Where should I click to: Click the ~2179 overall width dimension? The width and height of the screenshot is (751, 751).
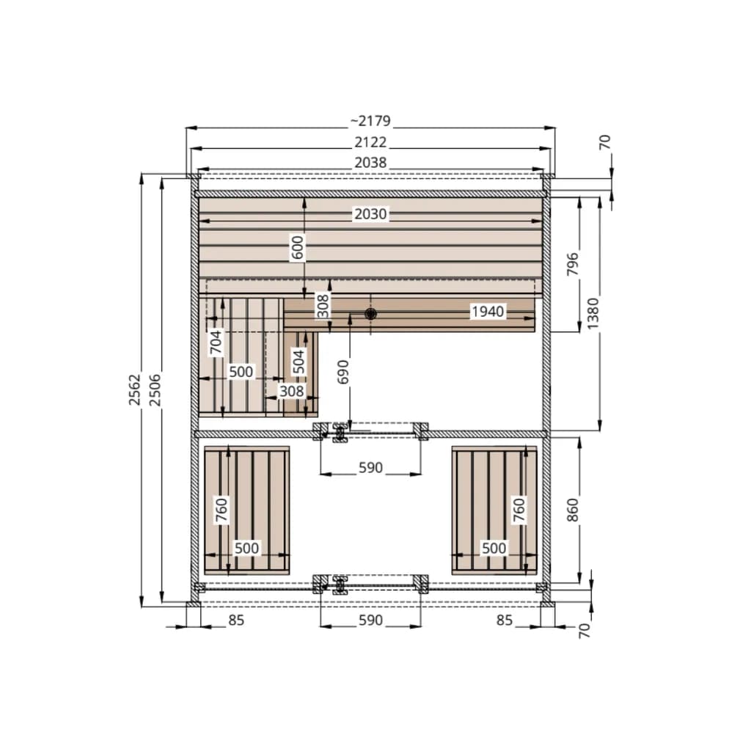(x=370, y=121)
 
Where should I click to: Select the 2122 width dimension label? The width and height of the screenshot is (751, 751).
(x=370, y=142)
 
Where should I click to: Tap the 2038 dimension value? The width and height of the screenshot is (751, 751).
(x=370, y=163)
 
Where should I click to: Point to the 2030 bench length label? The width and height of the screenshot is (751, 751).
(x=370, y=213)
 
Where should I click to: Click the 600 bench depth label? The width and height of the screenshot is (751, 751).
(x=298, y=248)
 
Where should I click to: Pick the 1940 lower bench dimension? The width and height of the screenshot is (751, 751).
(x=488, y=312)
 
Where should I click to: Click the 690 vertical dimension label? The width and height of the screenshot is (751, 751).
(x=343, y=372)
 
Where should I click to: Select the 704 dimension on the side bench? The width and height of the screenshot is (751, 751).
(x=216, y=343)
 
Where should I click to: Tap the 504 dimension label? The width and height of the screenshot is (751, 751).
(x=298, y=362)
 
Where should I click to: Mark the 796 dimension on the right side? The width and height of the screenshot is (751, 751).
(x=573, y=264)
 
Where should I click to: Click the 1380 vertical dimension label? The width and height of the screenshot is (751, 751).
(x=593, y=314)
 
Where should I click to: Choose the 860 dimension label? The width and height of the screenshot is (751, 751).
(x=573, y=510)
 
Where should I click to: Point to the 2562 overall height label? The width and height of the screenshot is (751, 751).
(x=135, y=390)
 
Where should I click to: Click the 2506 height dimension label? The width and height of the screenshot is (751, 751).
(x=155, y=390)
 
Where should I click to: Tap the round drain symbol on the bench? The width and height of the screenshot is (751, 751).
(x=370, y=314)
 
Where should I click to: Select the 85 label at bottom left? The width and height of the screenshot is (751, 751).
(x=236, y=620)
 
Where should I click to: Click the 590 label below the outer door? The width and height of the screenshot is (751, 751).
(x=370, y=620)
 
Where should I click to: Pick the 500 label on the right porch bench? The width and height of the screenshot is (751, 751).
(x=494, y=548)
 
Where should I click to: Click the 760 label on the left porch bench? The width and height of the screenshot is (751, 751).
(x=221, y=510)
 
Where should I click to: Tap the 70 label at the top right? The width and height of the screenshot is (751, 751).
(x=605, y=142)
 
